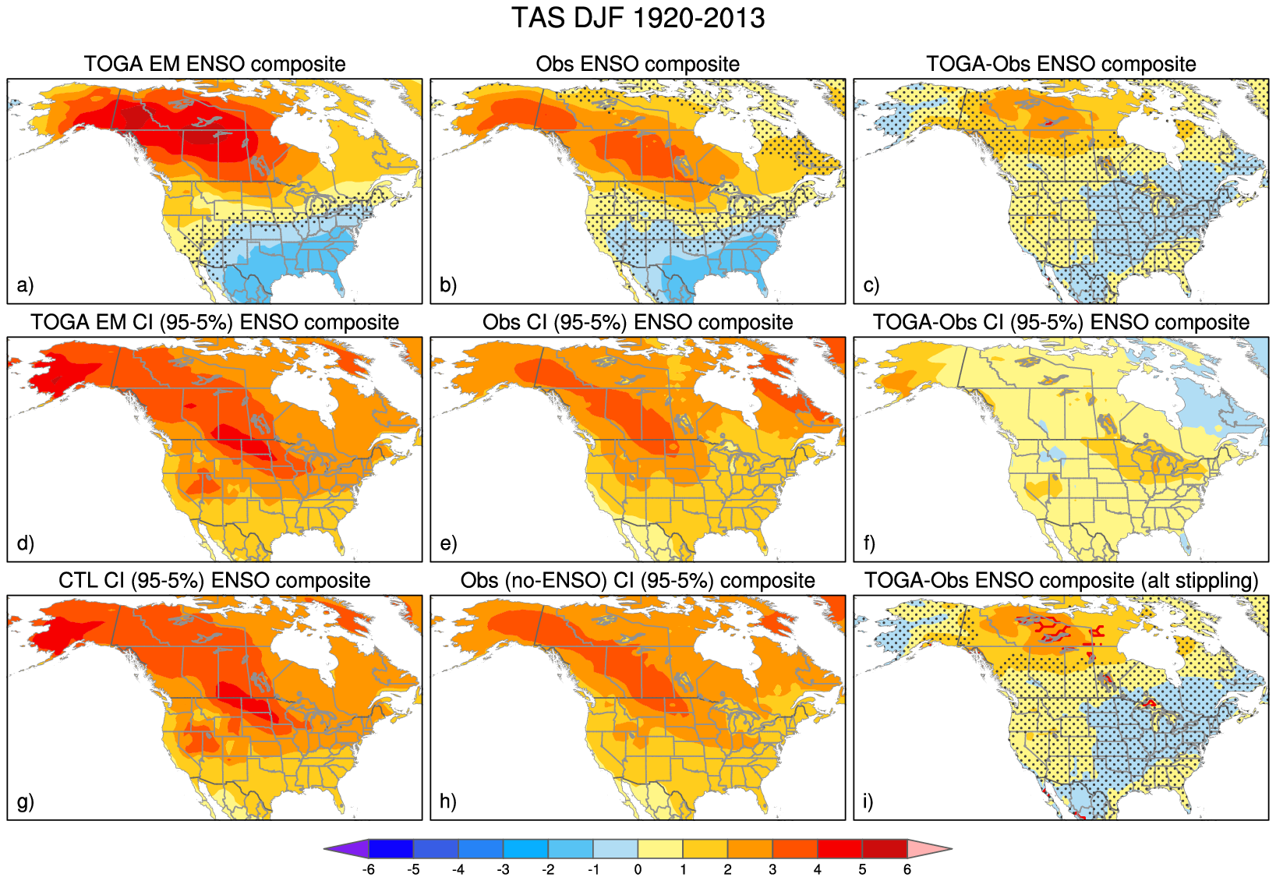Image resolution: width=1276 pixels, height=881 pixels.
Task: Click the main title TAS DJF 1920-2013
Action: tap(638, 18)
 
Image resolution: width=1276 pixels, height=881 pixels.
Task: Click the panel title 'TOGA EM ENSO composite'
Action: tap(214, 64)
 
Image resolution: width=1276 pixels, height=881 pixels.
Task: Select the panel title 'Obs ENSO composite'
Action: tap(638, 64)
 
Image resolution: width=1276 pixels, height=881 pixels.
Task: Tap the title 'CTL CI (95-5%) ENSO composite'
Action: tap(214, 581)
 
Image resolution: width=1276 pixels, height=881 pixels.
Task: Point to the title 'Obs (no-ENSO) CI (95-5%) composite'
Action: tap(638, 581)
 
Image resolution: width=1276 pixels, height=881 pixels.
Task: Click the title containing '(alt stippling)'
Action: tap(1061, 581)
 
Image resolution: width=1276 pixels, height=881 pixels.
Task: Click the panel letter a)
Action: tap(26, 285)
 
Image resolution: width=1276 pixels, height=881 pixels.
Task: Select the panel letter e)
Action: tap(448, 543)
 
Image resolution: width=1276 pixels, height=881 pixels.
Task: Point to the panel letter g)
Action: tap(26, 801)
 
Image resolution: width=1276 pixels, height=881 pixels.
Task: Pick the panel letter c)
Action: tap(871, 285)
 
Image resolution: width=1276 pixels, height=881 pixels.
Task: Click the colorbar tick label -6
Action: tap(369, 869)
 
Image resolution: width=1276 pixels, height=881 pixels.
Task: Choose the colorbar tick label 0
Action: tap(638, 869)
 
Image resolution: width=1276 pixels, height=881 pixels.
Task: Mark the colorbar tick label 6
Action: tap(907, 869)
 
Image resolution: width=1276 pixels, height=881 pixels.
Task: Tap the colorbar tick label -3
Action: tap(503, 869)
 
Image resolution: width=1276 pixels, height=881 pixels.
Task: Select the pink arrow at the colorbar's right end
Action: tap(929, 848)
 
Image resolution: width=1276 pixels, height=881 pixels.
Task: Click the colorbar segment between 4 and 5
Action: tap(839, 848)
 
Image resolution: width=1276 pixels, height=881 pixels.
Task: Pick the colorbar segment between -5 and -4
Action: tap(436, 848)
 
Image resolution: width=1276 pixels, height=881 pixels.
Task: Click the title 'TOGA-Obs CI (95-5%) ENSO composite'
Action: tap(1061, 323)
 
